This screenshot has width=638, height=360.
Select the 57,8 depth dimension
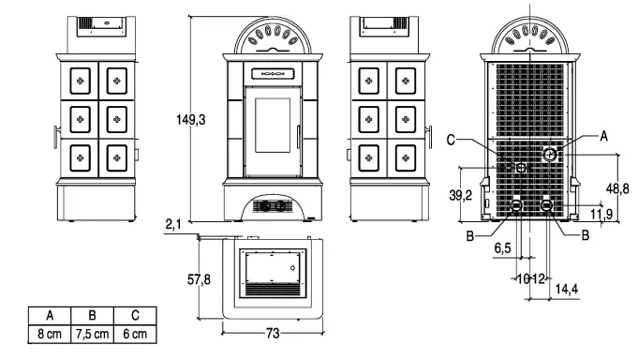pyautogui.click(x=199, y=279)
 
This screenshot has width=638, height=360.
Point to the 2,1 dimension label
pyautogui.click(x=173, y=224)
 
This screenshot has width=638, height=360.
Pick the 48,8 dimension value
pyautogui.click(x=616, y=187)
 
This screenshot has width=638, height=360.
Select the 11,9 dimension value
pyautogui.click(x=603, y=215)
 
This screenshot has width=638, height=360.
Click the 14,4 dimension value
pyautogui.click(x=566, y=288)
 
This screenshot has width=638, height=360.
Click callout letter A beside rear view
pyautogui.click(x=603, y=137)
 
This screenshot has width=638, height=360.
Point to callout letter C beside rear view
pyautogui.click(x=452, y=141)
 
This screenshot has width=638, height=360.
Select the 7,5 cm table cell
pyautogui.click(x=92, y=334)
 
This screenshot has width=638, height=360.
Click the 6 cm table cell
pyautogui.click(x=135, y=334)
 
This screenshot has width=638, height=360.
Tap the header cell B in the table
pyautogui.click(x=92, y=316)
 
